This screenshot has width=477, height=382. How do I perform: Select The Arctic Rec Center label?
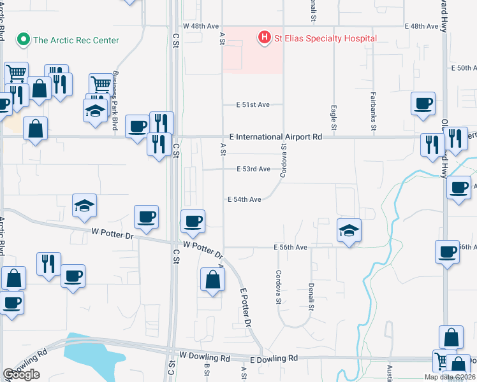tap(76, 40)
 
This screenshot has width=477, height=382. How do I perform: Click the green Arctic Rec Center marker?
tap(24, 40)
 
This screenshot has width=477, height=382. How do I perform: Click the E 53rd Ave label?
tap(253, 169)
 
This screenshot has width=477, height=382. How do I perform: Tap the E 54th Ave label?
tap(245, 199)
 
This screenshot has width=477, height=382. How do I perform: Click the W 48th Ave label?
tap(200, 27)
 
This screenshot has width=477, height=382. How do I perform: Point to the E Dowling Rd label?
tap(275, 359)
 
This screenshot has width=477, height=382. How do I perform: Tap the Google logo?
tap(21, 375)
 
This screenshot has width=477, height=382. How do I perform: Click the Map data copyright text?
tap(449, 377)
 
